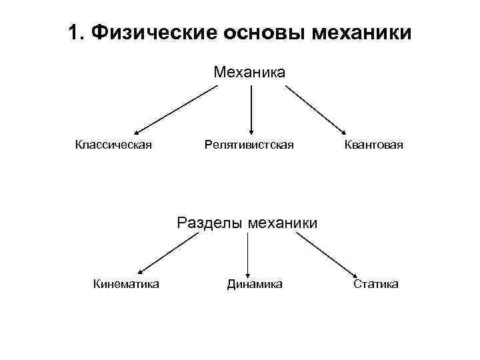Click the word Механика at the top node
click(249, 71)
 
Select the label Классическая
click(113, 145)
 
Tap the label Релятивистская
click(249, 145)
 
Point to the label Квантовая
click(373, 145)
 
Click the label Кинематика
click(126, 285)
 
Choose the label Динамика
click(254, 285)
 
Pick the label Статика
click(376, 285)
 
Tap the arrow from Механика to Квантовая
click(319, 109)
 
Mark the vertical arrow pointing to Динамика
click(247, 253)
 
